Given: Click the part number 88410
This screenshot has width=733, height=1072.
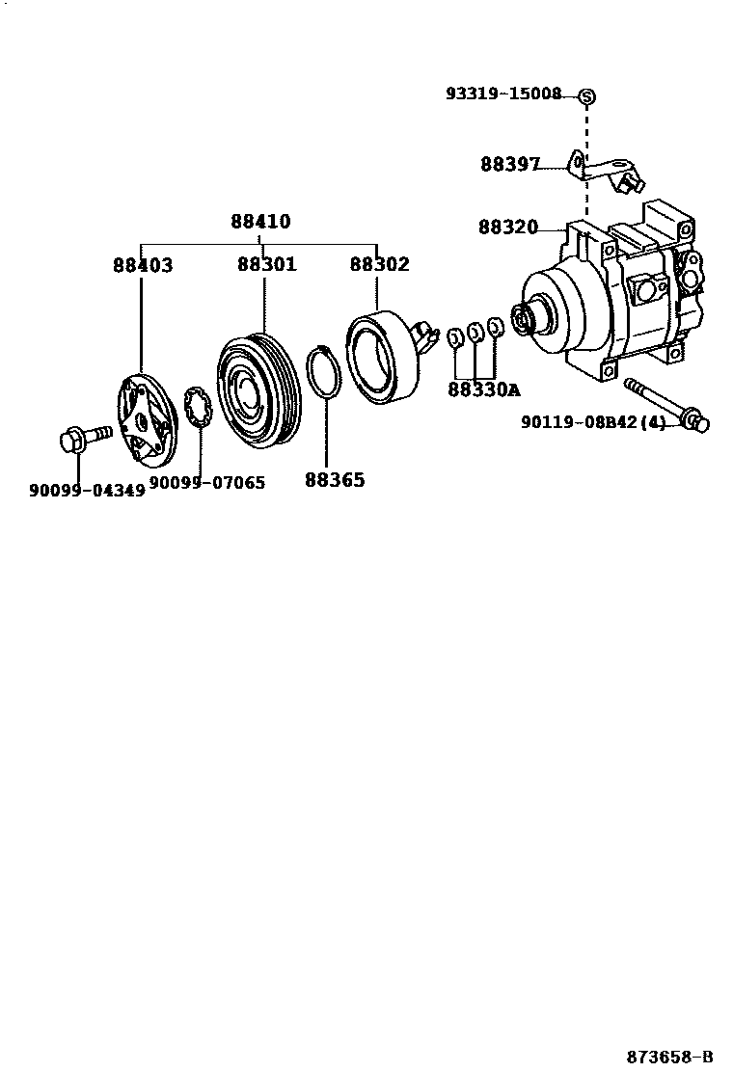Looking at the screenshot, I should (x=260, y=222).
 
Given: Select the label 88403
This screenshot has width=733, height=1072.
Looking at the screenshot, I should (x=143, y=265).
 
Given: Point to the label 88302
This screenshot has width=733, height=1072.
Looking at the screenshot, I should (x=379, y=265).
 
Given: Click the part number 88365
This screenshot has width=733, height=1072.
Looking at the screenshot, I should (x=335, y=479).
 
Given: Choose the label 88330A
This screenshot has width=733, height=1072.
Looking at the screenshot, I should (x=483, y=389).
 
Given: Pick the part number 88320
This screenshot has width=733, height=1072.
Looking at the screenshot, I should (x=507, y=228).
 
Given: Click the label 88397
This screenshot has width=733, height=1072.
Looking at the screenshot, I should (x=510, y=164).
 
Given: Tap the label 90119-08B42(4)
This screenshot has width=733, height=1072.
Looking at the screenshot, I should (x=593, y=421).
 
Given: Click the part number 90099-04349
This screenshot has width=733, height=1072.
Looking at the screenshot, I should (x=87, y=490).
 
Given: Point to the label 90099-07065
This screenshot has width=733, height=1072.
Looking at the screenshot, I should (x=206, y=482).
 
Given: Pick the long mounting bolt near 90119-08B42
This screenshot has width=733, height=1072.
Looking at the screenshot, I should (x=665, y=405).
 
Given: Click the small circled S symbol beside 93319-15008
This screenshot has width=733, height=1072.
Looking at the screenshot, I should (x=586, y=95).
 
